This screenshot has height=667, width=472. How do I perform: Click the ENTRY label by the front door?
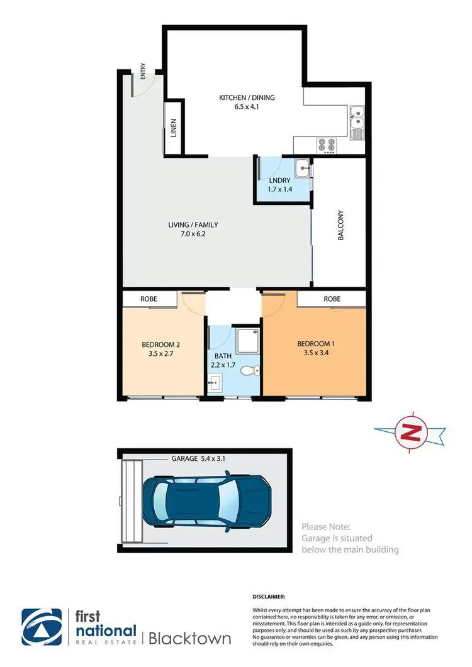click(143, 74)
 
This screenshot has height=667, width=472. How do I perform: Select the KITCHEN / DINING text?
click(247, 97)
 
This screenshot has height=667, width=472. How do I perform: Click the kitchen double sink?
click(356, 116)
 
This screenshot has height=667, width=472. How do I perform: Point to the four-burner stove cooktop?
click(328, 145)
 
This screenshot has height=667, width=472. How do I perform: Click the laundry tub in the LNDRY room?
click(303, 168)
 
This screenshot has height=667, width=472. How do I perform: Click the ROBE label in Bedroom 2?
click(149, 299)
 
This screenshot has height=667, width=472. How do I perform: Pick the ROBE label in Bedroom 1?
click(332, 299)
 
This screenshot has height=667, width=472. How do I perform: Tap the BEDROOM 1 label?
click(317, 344)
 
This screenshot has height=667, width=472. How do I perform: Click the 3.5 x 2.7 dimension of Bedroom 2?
click(161, 354)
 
